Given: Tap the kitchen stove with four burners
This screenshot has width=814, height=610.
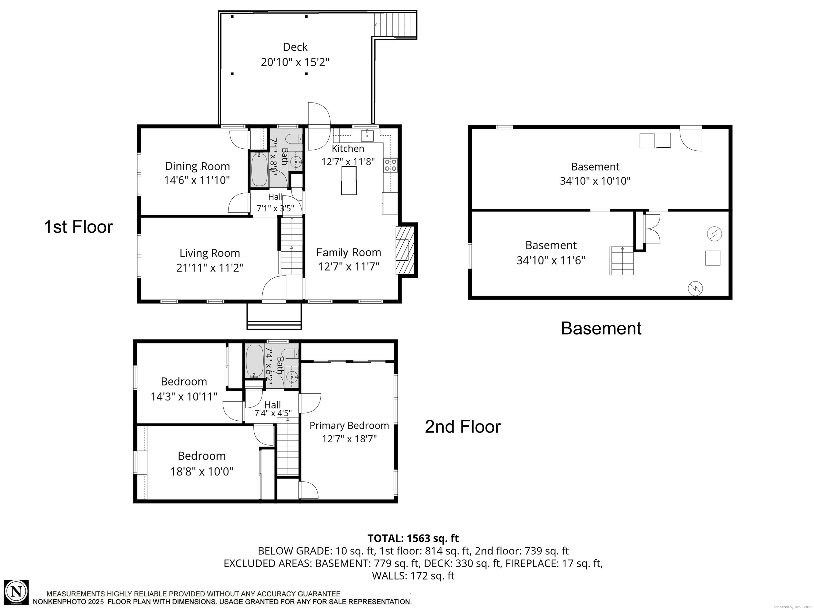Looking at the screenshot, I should (x=391, y=164).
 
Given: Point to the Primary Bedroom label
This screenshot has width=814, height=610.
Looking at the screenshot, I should (x=349, y=426).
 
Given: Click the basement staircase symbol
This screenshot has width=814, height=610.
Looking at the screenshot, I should (x=621, y=261).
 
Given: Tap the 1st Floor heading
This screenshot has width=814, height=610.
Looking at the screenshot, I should (x=78, y=227).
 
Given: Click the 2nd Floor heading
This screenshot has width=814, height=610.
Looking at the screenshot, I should (x=463, y=427).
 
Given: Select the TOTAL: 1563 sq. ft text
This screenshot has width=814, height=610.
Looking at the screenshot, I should (x=413, y=538).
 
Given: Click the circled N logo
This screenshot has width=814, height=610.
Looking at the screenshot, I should (x=16, y=592).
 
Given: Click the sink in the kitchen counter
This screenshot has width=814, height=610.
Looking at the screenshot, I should (x=367, y=135).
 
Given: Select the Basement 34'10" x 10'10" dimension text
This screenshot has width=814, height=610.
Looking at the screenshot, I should (x=595, y=181).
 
